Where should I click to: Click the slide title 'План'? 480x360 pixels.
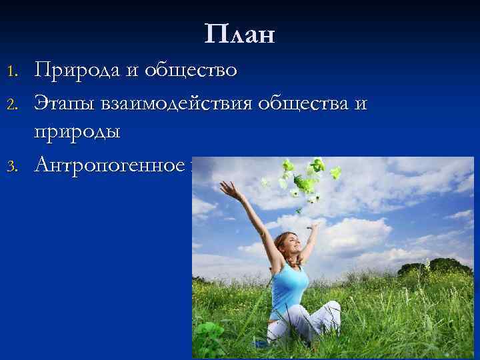coord(240,34)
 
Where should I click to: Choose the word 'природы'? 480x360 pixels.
coord(77,131)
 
